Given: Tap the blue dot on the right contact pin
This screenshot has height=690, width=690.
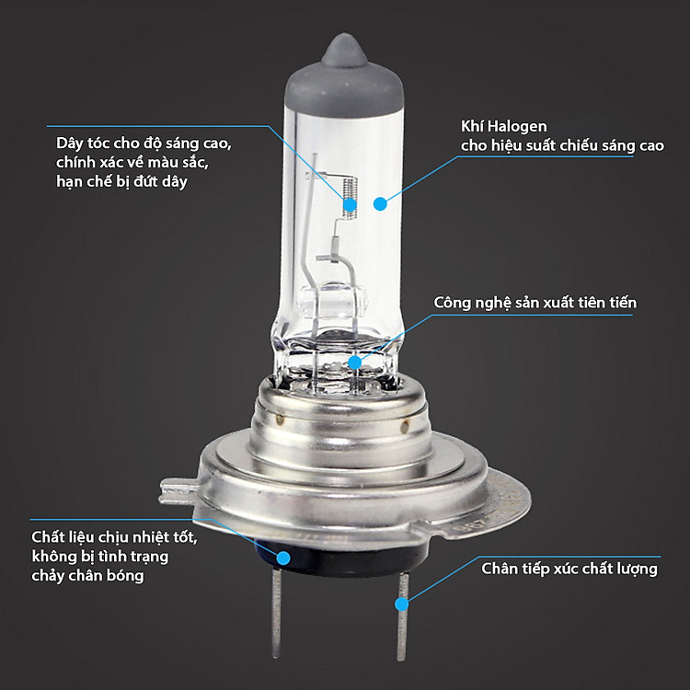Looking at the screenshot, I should pos(400,604).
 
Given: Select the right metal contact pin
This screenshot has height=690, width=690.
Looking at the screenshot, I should pos(401,616).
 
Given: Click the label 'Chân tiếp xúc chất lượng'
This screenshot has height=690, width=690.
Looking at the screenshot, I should pos(569,569).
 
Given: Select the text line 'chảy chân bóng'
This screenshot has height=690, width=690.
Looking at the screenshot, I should pos(88,576).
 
